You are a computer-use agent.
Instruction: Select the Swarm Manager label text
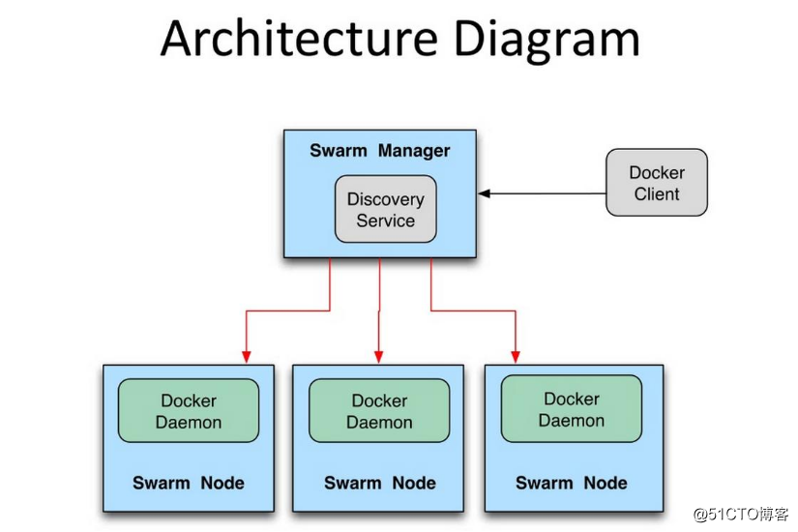click(379, 151)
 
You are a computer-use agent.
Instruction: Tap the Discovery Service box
click(385, 209)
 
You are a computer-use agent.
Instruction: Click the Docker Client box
click(657, 183)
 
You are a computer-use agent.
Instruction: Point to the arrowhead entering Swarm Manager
click(485, 193)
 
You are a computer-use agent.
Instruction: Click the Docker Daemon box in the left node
click(189, 411)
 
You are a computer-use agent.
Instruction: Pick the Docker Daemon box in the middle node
click(379, 411)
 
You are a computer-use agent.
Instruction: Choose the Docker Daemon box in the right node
click(571, 409)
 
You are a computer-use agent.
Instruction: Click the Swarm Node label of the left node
click(189, 483)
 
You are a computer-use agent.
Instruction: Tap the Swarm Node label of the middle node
click(379, 483)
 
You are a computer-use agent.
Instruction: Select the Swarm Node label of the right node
click(571, 483)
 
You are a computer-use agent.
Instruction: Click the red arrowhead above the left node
click(247, 355)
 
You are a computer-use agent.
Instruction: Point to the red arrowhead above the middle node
click(378, 355)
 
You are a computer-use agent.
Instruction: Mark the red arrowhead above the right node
click(515, 355)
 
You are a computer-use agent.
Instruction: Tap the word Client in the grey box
click(657, 193)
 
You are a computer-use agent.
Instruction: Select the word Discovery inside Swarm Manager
click(385, 199)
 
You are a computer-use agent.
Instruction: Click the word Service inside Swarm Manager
click(385, 221)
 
